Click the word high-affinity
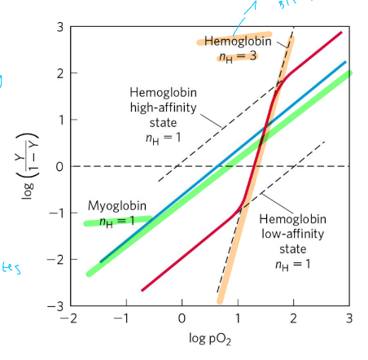point(159,107)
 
